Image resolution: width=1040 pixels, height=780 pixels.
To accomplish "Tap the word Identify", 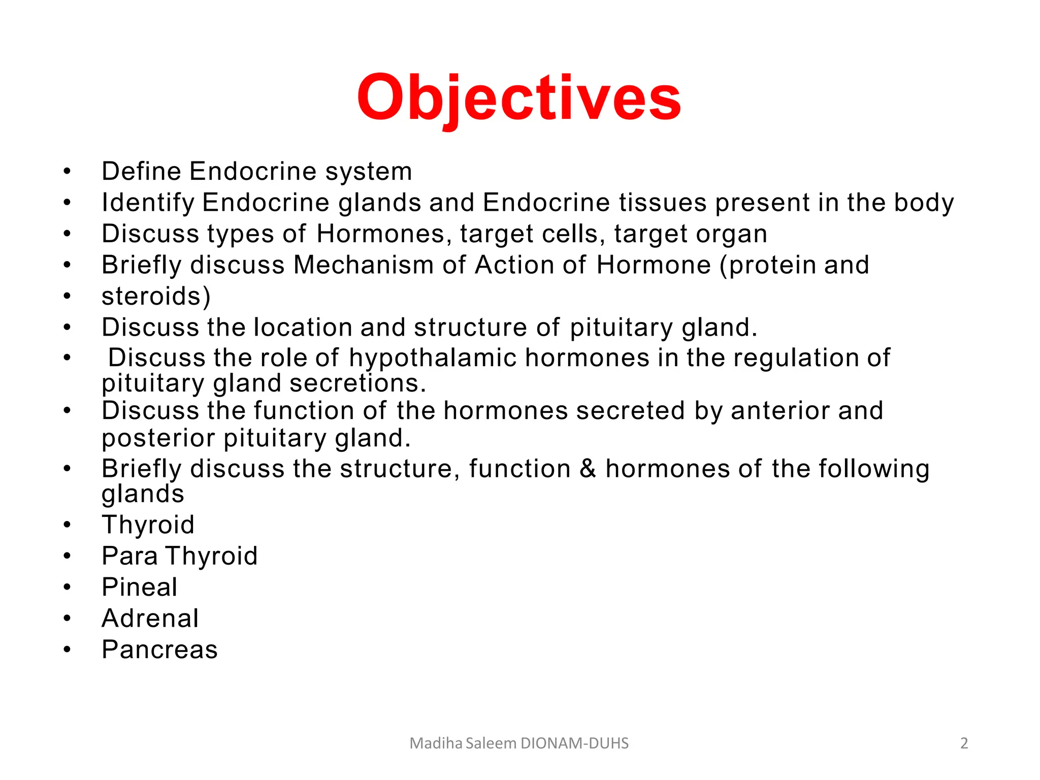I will [148, 203].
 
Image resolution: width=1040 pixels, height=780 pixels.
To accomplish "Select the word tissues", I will [663, 203].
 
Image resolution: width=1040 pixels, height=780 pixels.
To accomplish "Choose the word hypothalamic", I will [433, 357].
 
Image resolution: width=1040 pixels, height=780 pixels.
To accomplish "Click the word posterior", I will [158, 438].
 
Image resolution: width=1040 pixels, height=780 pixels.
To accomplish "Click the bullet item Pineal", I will [140, 587].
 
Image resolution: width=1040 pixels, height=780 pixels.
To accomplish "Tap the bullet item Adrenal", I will [150, 619].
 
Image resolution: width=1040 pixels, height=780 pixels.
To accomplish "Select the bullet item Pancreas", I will [159, 649].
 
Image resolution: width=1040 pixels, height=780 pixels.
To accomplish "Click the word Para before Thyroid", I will [129, 556].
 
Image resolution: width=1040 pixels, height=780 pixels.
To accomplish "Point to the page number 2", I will [964, 743].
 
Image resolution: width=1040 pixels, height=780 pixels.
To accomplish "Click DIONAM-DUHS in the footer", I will [575, 743].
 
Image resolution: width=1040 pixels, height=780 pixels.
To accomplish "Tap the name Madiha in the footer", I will [436, 743].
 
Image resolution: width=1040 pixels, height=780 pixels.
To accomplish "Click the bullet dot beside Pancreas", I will [67, 649].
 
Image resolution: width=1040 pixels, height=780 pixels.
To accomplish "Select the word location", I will [303, 328].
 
